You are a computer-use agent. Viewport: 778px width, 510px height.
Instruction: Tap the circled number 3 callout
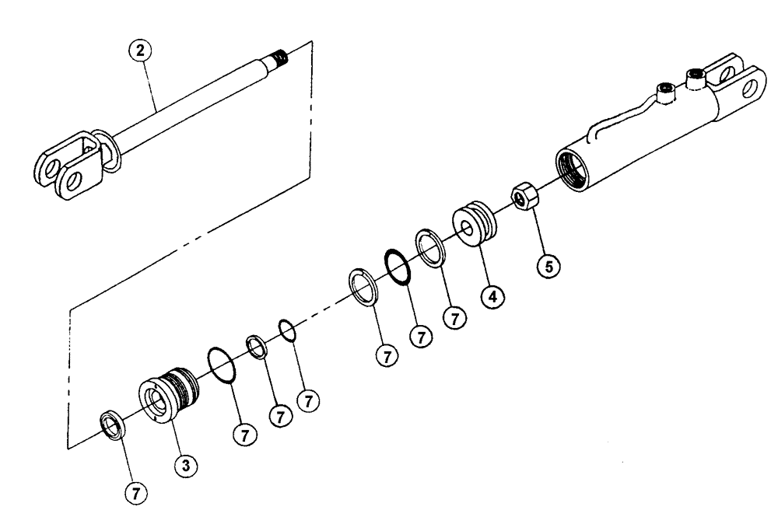pyautogui.click(x=184, y=465)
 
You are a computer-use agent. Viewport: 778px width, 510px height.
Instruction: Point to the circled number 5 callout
pyautogui.click(x=548, y=266)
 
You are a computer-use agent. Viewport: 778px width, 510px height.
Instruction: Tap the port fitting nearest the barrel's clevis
pyautogui.click(x=695, y=79)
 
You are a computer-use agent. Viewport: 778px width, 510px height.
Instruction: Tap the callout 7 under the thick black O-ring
pyautogui.click(x=422, y=337)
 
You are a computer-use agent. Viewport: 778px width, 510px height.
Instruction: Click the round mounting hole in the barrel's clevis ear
pyautogui.click(x=749, y=88)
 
